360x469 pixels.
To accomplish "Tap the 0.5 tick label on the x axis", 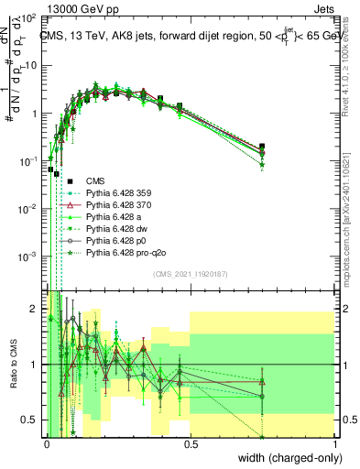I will pos(190,442).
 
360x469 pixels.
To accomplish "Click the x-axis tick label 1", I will pos(334,442).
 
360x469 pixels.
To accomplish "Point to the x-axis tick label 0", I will pos(46,442).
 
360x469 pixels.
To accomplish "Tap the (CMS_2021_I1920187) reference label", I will pos(190,274).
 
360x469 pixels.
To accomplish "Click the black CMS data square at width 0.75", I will pos(262,146).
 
